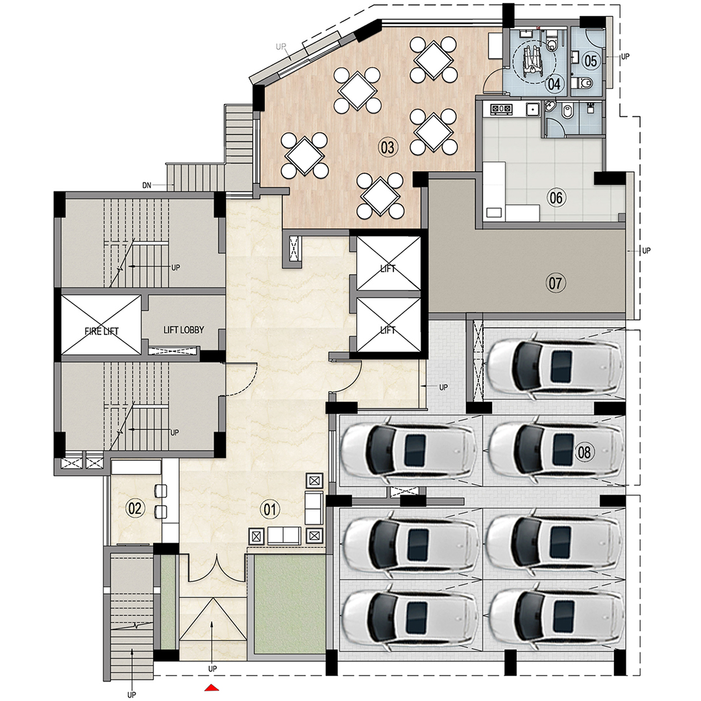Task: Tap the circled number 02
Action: tap(135, 509)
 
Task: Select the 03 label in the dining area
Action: tap(387, 148)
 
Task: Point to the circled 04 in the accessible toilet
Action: tap(554, 83)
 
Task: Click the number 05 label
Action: tap(590, 61)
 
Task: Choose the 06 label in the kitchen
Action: tap(556, 198)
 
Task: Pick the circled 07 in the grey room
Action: tap(556, 282)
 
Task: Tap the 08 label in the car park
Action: tap(584, 452)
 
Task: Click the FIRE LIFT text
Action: tap(102, 332)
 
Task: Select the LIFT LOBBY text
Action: tap(183, 330)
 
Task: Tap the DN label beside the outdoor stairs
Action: tap(147, 186)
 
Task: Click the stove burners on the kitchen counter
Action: tap(502, 109)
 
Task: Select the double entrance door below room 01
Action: tap(217, 568)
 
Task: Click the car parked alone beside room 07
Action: tap(555, 366)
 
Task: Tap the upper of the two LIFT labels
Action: tap(388, 269)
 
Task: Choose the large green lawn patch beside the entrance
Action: tap(289, 604)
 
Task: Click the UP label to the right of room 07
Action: tap(645, 251)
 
